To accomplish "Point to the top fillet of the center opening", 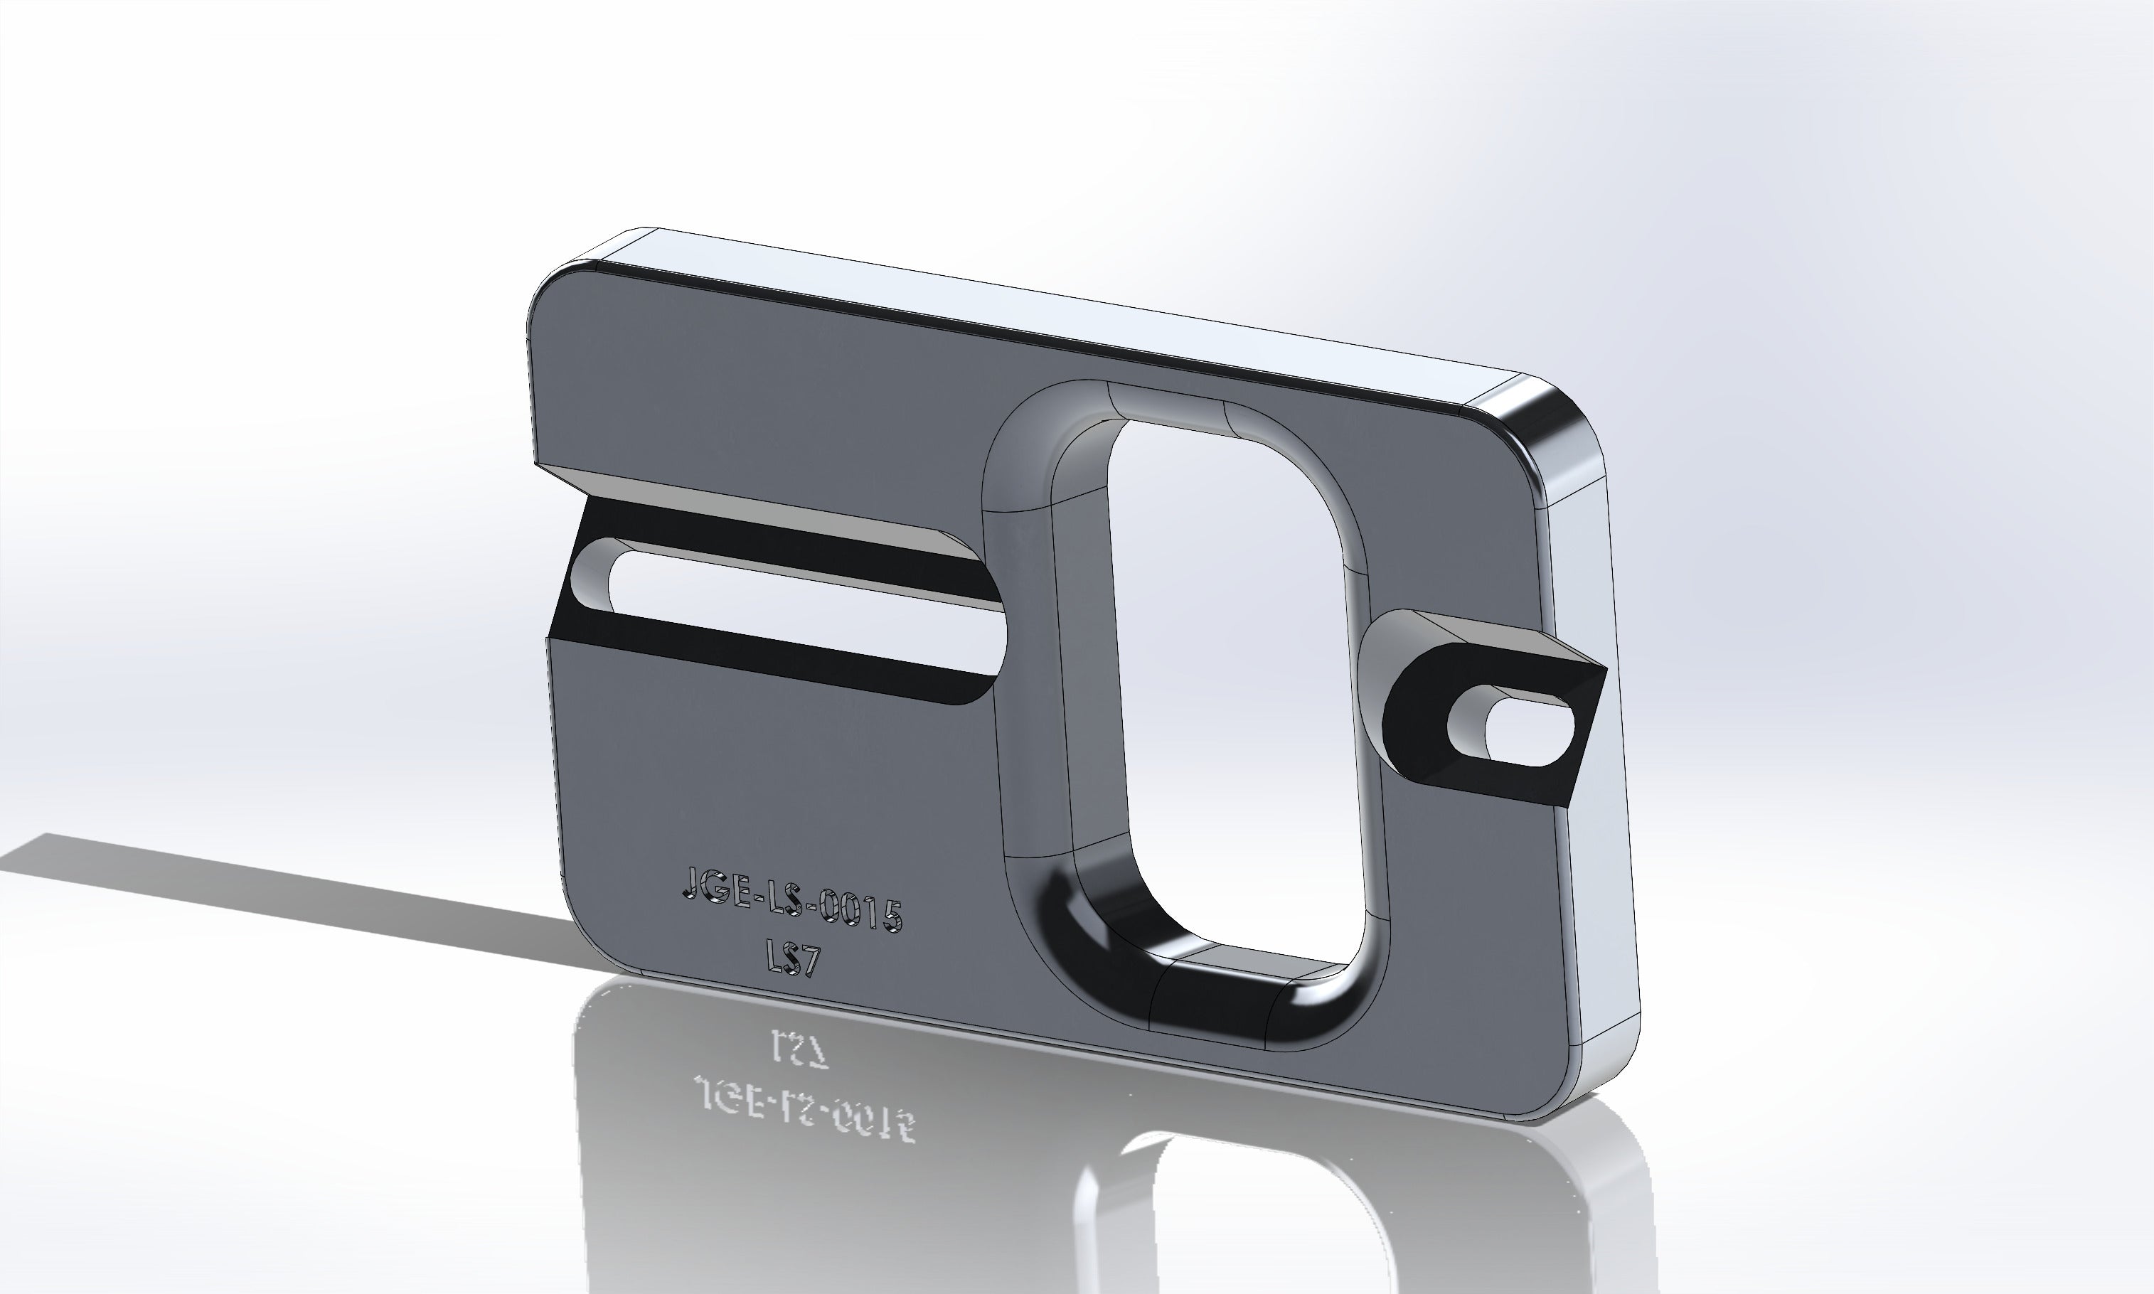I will click(x=1168, y=405).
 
